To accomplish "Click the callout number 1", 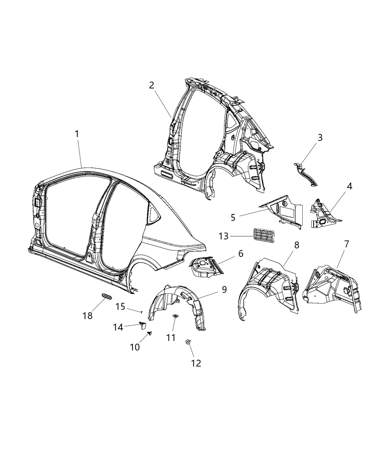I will pos(77,134).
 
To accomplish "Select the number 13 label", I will pos(224,236).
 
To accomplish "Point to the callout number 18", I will pos(88,316).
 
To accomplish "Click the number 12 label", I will pos(196,363).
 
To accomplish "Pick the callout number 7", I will pos(346,244).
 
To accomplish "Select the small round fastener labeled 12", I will pos(188,342).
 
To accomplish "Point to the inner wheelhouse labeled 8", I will pos(269,287).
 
